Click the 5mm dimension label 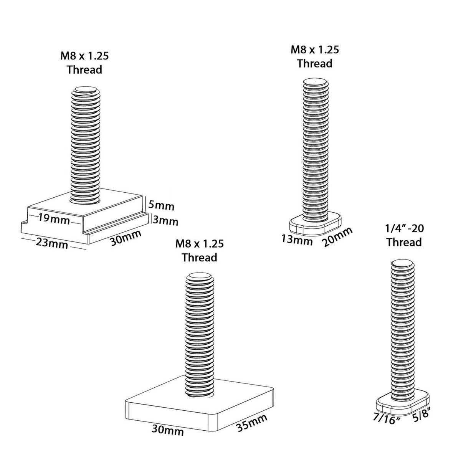[161, 206]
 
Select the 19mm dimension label [54, 220]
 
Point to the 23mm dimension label [52, 243]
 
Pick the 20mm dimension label [337, 236]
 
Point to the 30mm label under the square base [168, 431]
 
